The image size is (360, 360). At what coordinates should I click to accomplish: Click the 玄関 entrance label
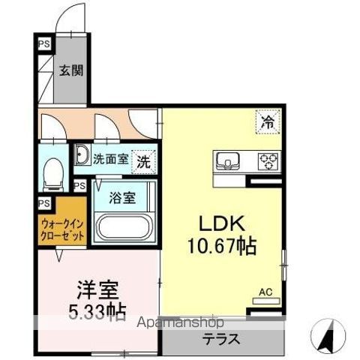point(72,71)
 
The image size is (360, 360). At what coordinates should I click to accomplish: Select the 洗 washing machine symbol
point(142,159)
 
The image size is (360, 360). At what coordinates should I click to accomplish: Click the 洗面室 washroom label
point(111,159)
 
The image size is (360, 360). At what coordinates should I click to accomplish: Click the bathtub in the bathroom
point(124,226)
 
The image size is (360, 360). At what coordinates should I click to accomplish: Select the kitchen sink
point(229,160)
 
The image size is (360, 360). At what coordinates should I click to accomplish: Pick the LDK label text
point(220,224)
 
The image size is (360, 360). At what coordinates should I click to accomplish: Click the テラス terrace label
point(221,338)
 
